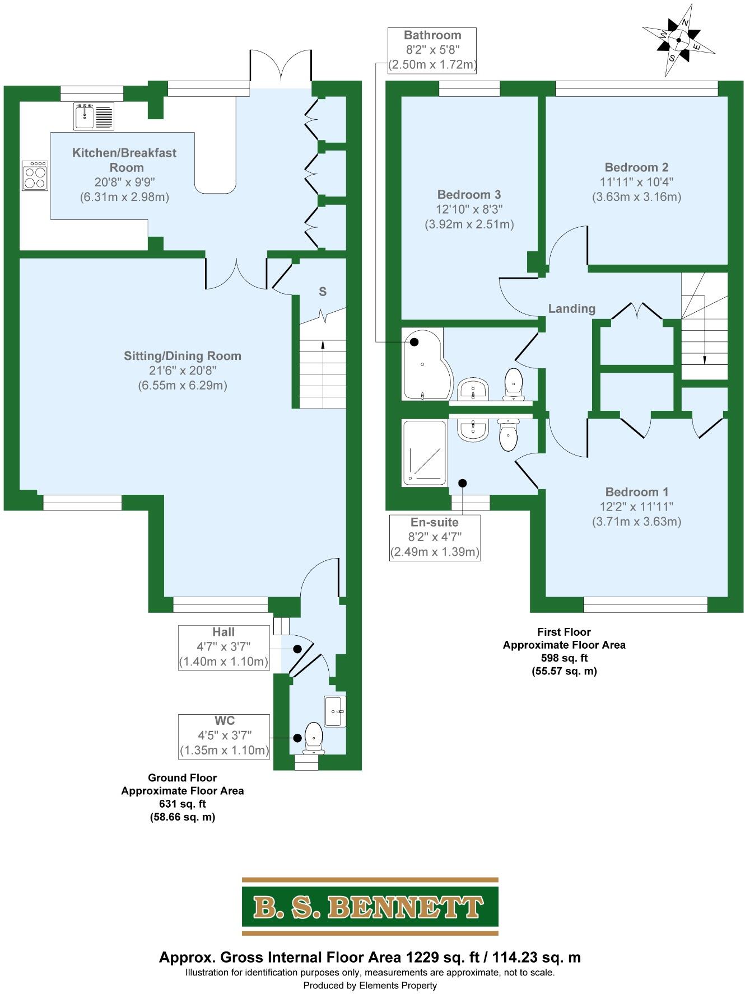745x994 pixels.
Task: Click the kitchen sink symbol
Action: coord(94,116)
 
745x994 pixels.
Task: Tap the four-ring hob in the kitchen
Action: coord(35,176)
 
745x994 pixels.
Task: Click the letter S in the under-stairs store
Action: coord(323,292)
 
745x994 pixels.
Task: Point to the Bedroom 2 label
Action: coord(636,167)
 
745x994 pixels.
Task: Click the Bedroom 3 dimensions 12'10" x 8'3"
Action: coord(469,209)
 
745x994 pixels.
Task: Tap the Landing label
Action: coord(571,308)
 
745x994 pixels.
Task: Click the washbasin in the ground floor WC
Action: coord(335,711)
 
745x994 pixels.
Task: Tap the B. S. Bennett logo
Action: coord(370,907)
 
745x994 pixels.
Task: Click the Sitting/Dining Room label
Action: coord(183,356)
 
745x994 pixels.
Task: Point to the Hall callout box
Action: coord(223,647)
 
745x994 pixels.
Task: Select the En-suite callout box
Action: coord(435,537)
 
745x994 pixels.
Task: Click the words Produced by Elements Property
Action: coord(370,985)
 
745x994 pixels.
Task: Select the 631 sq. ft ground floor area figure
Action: coord(183,804)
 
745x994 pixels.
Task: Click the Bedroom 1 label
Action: coord(637,492)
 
